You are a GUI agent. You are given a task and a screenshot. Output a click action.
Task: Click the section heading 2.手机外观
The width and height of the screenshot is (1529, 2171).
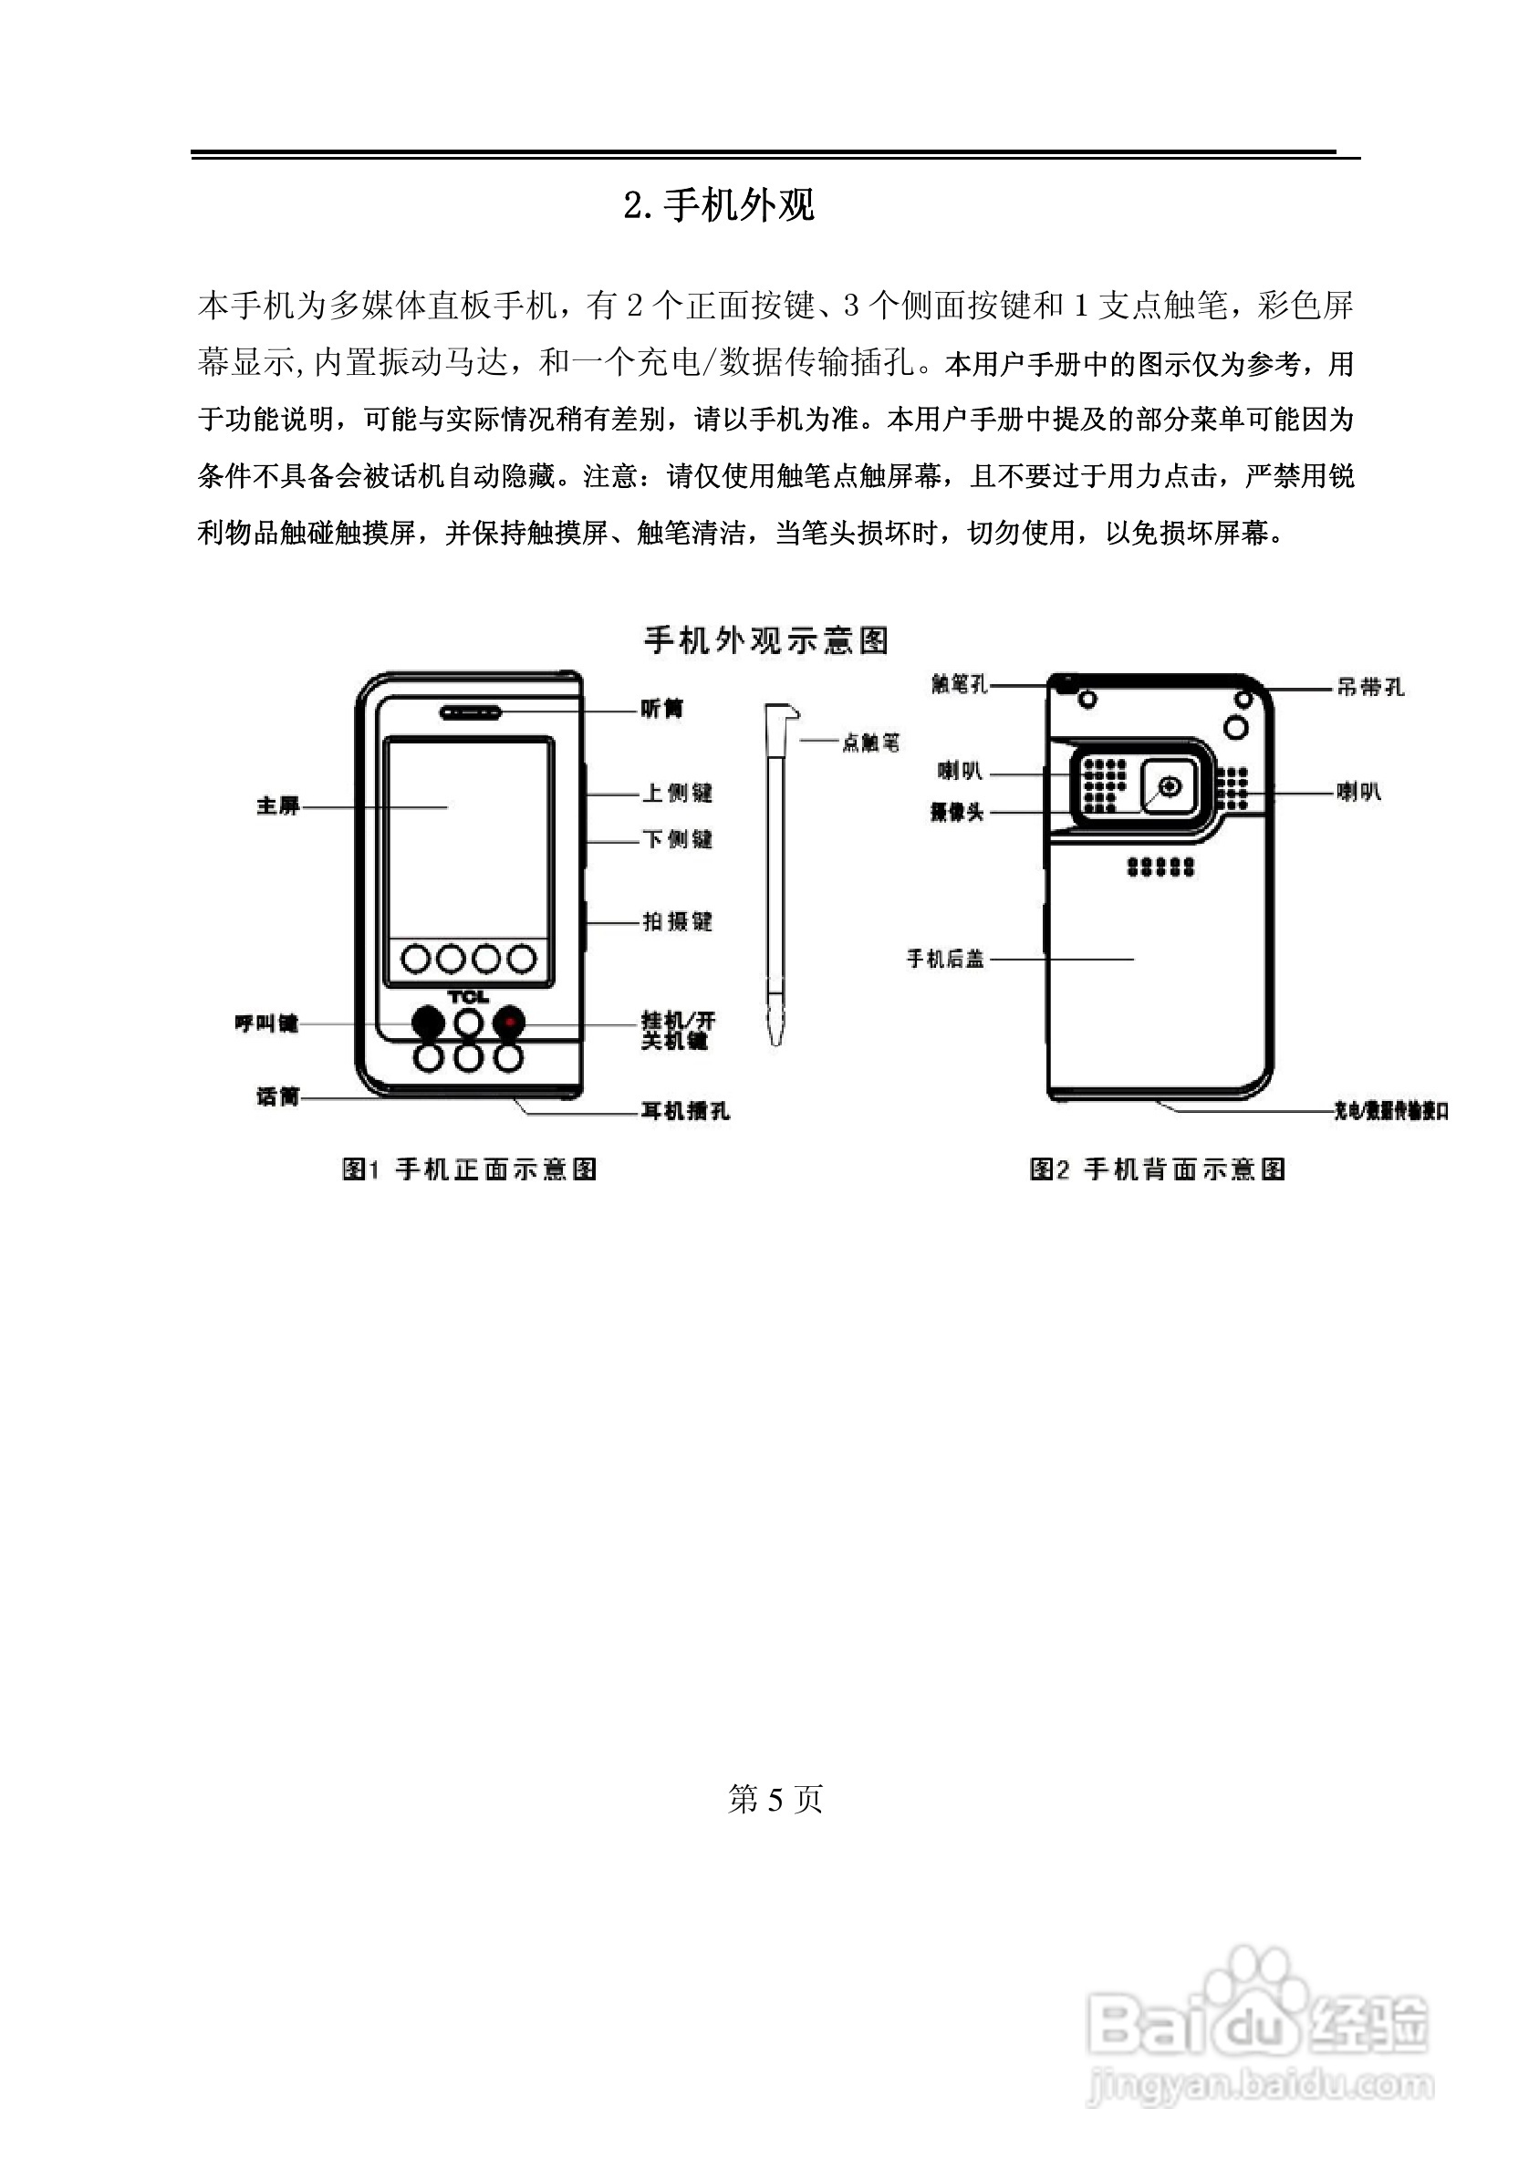tap(719, 205)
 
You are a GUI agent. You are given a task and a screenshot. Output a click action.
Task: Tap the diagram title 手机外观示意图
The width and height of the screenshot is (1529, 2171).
tap(766, 640)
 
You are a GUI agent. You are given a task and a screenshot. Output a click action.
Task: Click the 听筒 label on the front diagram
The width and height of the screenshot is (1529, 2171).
tap(662, 709)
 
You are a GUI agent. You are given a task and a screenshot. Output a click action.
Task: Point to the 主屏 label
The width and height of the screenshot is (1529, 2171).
tap(278, 806)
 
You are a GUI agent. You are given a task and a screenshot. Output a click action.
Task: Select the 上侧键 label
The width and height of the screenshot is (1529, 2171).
tap(677, 794)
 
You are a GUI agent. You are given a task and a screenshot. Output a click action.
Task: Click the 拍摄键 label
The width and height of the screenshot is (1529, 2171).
tap(677, 922)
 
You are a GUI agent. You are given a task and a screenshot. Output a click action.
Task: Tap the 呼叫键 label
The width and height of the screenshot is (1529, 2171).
tap(265, 1024)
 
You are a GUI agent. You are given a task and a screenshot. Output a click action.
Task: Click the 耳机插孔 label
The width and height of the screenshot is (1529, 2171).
tap(684, 1111)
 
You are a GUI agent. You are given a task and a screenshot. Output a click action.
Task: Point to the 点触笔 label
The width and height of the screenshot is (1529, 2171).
tap(870, 743)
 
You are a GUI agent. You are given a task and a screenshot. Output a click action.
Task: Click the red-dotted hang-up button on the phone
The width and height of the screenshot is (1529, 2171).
tap(509, 1022)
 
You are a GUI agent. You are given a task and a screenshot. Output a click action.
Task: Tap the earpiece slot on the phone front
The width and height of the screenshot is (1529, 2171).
tap(470, 712)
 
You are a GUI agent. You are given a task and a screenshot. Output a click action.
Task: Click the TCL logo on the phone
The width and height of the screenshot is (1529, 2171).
tap(468, 997)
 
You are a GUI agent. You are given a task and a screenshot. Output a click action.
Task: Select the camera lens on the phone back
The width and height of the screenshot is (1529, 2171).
tap(1170, 786)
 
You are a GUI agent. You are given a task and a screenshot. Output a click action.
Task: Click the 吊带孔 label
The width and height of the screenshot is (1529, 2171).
tap(1370, 689)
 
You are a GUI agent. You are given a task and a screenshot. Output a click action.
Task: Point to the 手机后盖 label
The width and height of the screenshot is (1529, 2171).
tap(945, 959)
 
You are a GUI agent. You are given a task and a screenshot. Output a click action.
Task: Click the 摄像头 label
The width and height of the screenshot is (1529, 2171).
tap(957, 812)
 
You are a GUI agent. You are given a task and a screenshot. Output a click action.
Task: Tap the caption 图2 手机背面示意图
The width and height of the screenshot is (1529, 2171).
tap(1158, 1169)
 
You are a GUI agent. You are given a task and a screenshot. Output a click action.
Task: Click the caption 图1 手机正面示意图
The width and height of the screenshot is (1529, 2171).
tap(469, 1169)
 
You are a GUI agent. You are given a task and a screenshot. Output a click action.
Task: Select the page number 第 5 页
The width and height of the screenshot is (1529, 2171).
tap(775, 1799)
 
